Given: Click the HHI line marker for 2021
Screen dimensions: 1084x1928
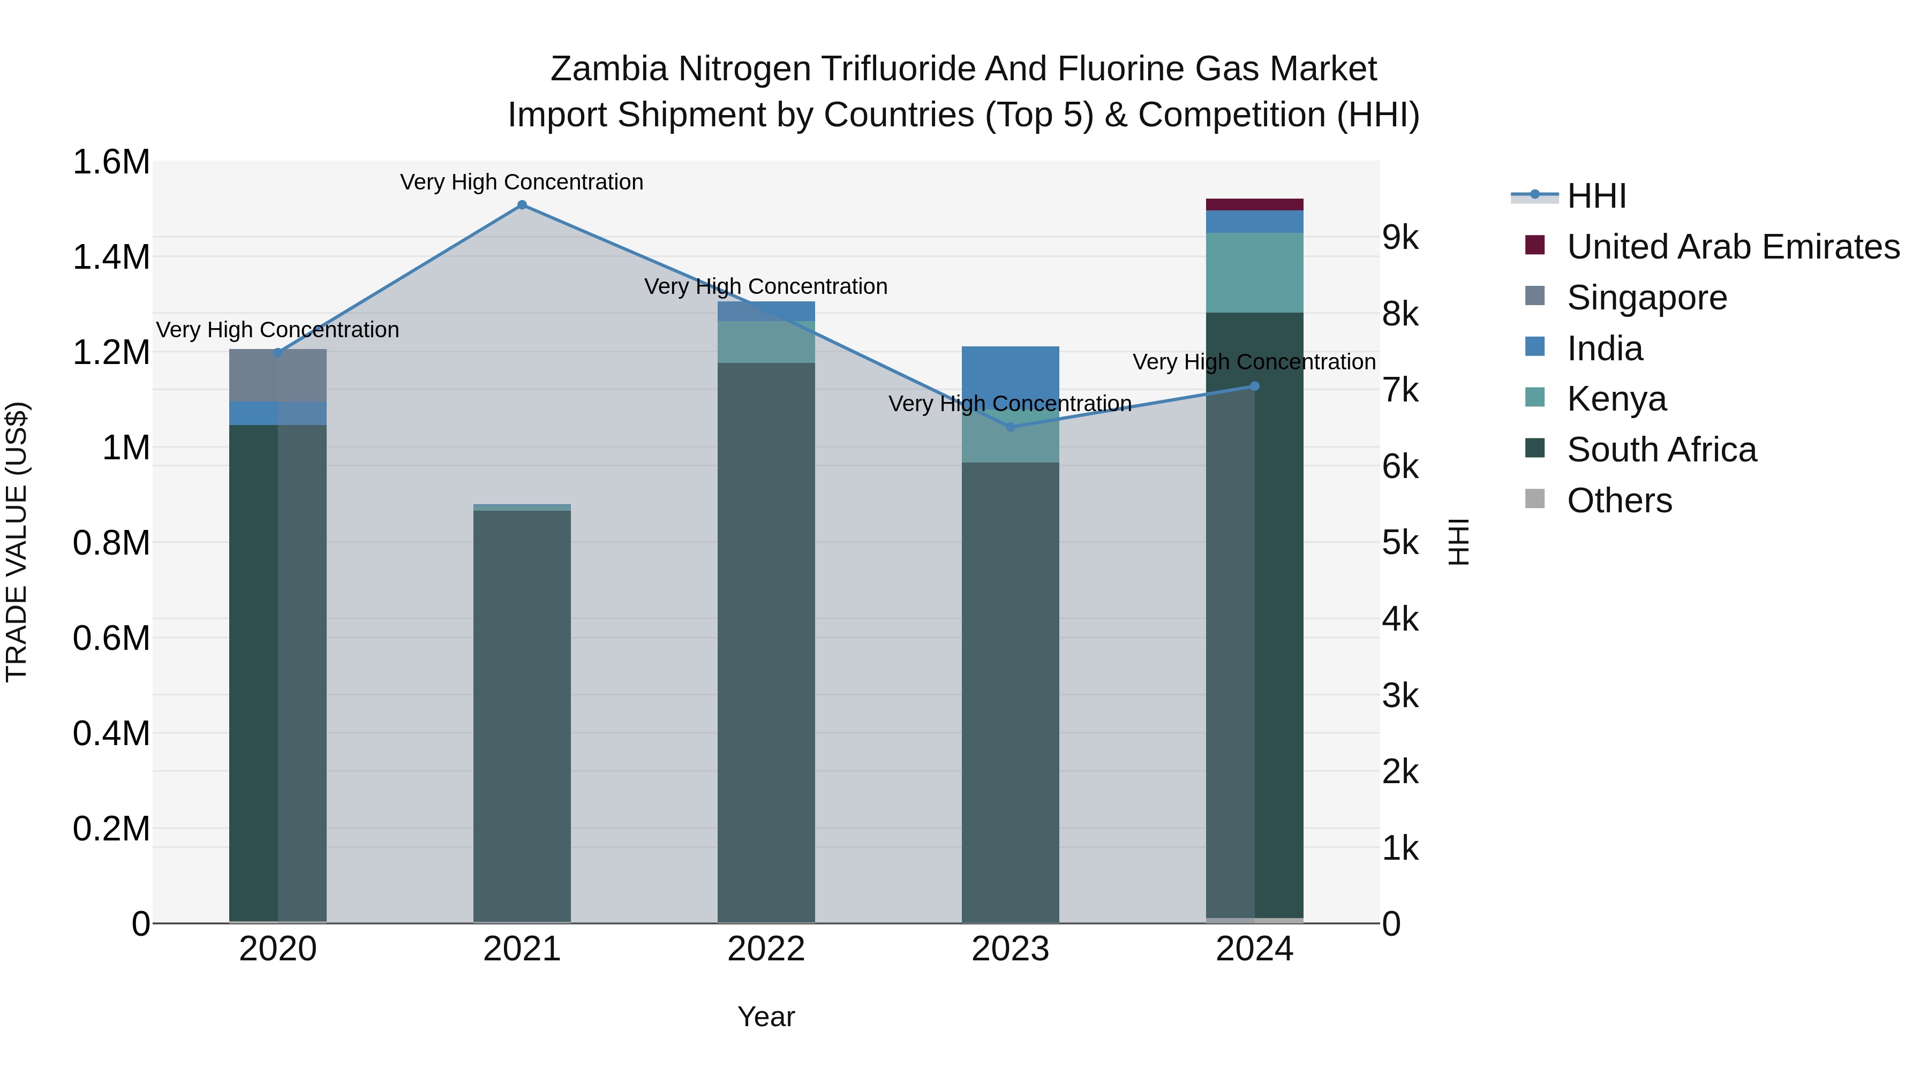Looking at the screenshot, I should pos(522,205).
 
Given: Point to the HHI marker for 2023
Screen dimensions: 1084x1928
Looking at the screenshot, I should pos(1011,427).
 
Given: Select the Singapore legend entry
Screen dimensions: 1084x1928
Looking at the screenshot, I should pos(1647,298).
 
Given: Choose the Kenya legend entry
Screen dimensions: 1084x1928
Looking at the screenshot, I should pos(1617,399).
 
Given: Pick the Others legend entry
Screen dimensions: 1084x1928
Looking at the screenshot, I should pos(1619,501).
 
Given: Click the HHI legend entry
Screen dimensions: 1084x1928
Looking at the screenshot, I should pos(1596,196).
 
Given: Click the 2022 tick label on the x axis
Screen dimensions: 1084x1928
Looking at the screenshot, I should pos(766,949).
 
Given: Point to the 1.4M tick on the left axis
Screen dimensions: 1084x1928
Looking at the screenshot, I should pos(111,256).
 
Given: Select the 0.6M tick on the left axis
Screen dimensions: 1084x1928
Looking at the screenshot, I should pos(111,638).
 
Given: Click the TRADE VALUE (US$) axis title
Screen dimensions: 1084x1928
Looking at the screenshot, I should pos(17,542).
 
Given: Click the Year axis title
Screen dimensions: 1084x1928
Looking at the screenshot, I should pos(766,1017).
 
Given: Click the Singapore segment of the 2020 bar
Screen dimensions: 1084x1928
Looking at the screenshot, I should pos(277,376).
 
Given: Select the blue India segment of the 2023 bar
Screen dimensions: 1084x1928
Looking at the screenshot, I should pos(1011,374).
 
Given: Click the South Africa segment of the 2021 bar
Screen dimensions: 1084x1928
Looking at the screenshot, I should pos(522,711).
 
